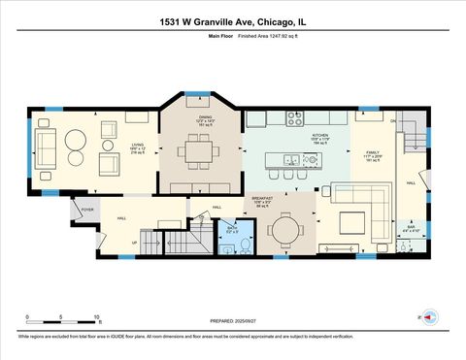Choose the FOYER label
pyautogui.click(x=86, y=208)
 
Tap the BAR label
pyautogui.click(x=412, y=227)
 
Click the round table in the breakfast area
pyautogui.click(x=286, y=229)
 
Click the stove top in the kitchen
pyautogui.click(x=295, y=118)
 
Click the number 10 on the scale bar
pyautogui.click(x=96, y=317)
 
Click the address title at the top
pyautogui.click(x=233, y=21)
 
